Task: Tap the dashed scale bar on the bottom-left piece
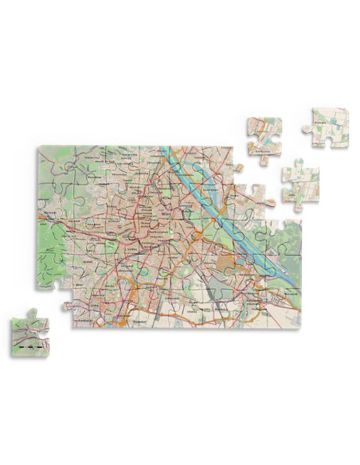(x=29, y=349)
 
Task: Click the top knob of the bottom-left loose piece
(x=33, y=312)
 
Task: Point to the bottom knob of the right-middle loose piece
(x=297, y=206)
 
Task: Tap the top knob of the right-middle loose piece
(x=296, y=162)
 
